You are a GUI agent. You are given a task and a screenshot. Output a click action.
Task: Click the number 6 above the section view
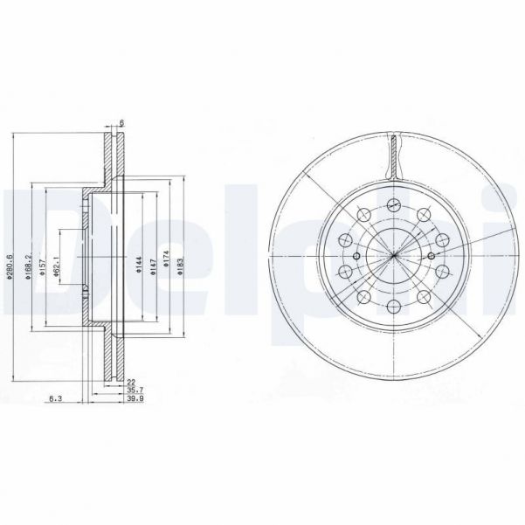(x=122, y=123)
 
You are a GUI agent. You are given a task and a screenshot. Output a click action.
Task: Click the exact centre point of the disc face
(x=393, y=256)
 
